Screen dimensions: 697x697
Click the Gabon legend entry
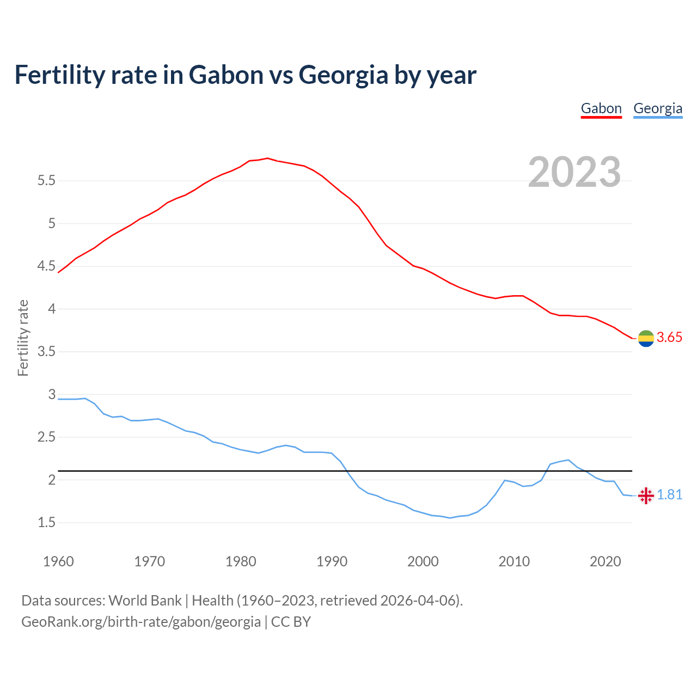(x=601, y=108)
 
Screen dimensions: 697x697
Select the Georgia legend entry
(x=658, y=108)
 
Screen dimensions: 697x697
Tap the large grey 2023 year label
(x=574, y=172)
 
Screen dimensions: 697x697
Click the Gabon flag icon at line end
(x=646, y=338)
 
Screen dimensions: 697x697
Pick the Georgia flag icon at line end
(x=646, y=496)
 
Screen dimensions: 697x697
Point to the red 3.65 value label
(x=669, y=338)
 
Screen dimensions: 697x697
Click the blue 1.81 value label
(x=669, y=495)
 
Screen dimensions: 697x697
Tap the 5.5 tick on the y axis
(x=46, y=181)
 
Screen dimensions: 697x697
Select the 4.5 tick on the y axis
(x=46, y=266)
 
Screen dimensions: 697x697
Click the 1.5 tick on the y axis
(x=46, y=523)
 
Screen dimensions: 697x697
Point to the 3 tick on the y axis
(x=52, y=394)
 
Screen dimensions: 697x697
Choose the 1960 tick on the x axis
(x=58, y=561)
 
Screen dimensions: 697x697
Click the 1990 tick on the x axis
(x=332, y=561)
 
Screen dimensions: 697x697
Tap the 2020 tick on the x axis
(x=605, y=561)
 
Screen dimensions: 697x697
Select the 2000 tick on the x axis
(x=423, y=561)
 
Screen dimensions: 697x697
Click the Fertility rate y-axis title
(x=23, y=338)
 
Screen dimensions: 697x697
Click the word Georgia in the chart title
(x=344, y=75)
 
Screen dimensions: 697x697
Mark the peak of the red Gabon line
(x=267, y=158)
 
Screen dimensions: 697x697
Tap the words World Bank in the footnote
(x=145, y=601)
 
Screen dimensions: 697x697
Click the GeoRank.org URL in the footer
(x=141, y=622)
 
